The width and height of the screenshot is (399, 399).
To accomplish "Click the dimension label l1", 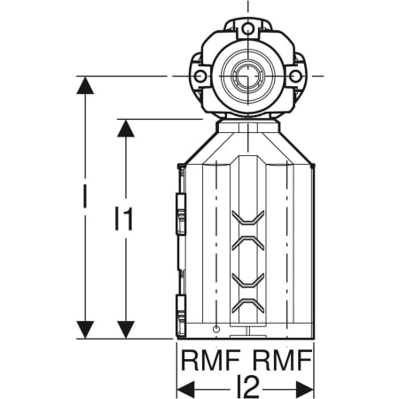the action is tap(124, 219).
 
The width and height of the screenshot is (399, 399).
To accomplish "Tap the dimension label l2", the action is tap(248, 387).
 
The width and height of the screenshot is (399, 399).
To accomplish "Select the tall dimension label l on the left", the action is tap(85, 196).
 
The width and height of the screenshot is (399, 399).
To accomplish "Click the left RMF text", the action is tap(210, 360).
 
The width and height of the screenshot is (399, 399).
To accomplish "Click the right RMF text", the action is tap(283, 360).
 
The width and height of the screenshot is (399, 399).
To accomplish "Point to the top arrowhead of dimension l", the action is tap(85, 85).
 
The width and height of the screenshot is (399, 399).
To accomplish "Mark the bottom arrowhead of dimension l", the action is tap(85, 330).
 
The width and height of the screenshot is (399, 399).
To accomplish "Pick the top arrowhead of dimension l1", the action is tap(126, 129).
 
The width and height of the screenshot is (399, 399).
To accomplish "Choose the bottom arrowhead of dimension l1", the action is tap(126, 330).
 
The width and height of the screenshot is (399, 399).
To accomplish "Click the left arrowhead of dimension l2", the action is tap(185, 389).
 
